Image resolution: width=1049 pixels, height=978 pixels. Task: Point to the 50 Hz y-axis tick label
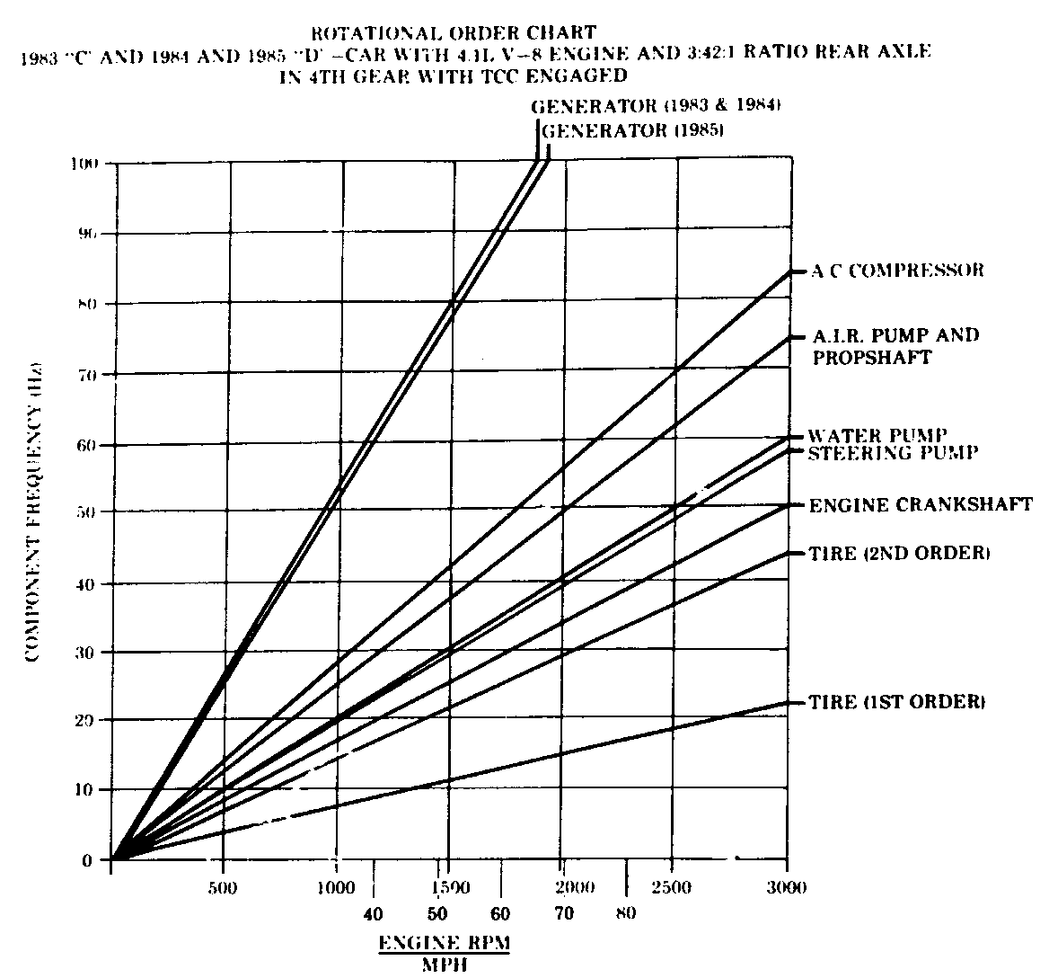point(84,513)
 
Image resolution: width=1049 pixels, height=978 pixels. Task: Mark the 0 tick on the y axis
point(88,860)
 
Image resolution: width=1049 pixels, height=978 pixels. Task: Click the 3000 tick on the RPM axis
point(788,888)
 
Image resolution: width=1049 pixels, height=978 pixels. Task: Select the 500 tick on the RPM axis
point(222,888)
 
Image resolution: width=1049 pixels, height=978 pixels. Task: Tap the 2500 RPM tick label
point(672,888)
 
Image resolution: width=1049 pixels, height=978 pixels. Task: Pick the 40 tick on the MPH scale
point(373,914)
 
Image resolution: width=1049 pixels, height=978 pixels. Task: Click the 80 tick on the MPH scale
point(626,914)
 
